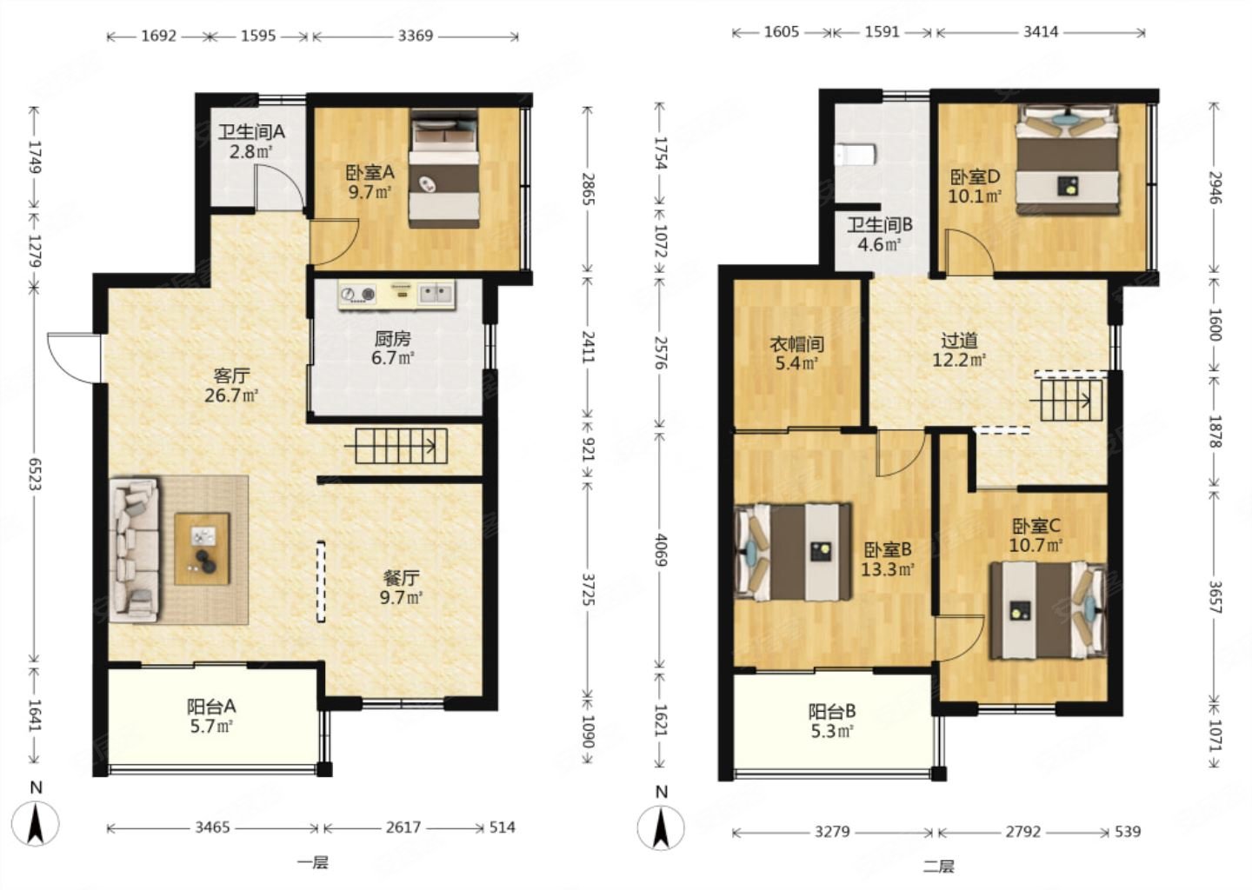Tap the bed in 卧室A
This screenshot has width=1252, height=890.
pyautogui.click(x=444, y=169)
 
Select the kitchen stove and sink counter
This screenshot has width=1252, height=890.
pyautogui.click(x=396, y=295)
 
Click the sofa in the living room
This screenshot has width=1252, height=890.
pyautogui.click(x=136, y=549)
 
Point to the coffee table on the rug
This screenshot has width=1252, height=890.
pyautogui.click(x=202, y=548)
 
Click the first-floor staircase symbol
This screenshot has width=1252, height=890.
pyautogui.click(x=396, y=446)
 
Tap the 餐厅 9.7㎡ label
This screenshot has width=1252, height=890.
pyautogui.click(x=401, y=588)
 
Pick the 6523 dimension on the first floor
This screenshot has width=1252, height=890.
pyautogui.click(x=35, y=474)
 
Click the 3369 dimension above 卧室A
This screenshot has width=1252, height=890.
pyautogui.click(x=416, y=36)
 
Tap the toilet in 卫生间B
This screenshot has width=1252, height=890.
pyautogui.click(x=856, y=155)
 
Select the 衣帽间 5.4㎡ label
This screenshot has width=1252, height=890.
pyautogui.click(x=796, y=354)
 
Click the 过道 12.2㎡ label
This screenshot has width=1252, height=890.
pyautogui.click(x=959, y=350)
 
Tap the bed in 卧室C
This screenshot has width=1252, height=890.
pyautogui.click(x=1048, y=611)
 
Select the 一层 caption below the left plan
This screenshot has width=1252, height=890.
pyautogui.click(x=312, y=863)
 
